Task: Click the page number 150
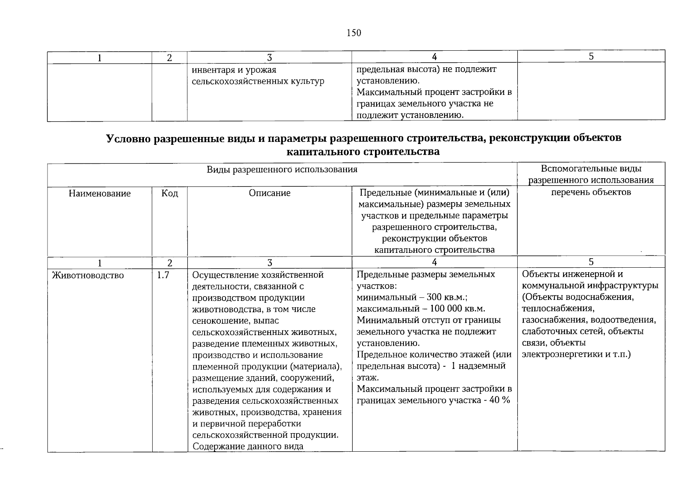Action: point(354,33)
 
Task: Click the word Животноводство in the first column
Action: point(88,276)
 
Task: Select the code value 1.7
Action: point(163,275)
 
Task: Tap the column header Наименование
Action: point(99,193)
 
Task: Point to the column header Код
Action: point(170,193)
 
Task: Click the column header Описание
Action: point(269,193)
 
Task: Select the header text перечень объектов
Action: point(591,192)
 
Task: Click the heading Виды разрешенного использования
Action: point(282,170)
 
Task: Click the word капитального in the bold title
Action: point(323,152)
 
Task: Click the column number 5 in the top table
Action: point(591,57)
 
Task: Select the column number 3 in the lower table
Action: point(269,263)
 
